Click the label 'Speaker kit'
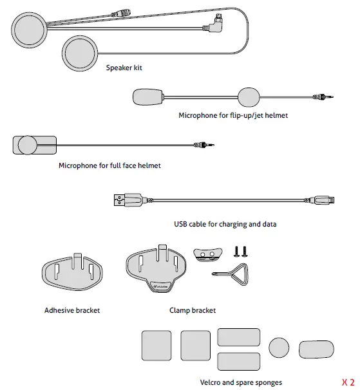pos(124,66)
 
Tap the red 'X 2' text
pos(348,382)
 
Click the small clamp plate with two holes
pos(207,254)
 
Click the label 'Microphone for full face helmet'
pos(109,165)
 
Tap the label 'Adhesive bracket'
pos(72,310)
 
